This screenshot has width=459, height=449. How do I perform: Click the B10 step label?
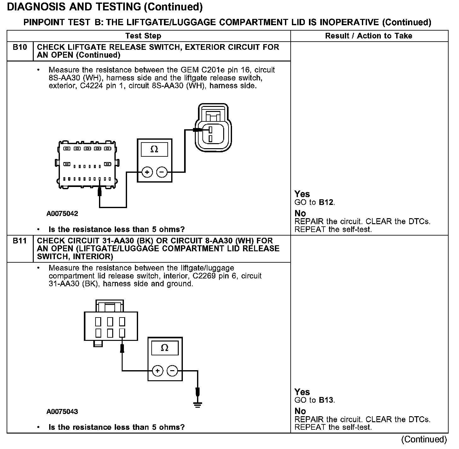click(x=20, y=48)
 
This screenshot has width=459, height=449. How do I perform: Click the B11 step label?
click(x=20, y=241)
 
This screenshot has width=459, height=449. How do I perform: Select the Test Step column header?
click(x=143, y=36)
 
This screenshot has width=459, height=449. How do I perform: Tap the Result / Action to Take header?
click(x=369, y=36)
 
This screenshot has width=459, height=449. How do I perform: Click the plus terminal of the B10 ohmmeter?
click(x=147, y=172)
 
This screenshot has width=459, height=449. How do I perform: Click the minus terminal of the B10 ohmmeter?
click(x=162, y=172)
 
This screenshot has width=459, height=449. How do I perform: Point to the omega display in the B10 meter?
click(x=154, y=149)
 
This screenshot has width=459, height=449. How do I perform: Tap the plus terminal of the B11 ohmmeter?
click(x=157, y=371)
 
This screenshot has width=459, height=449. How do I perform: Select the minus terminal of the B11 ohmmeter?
click(x=172, y=371)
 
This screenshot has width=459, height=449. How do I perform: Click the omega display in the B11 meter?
click(x=165, y=348)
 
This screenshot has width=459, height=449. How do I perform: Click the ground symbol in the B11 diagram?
click(x=198, y=405)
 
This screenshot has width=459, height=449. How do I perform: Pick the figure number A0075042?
click(x=62, y=214)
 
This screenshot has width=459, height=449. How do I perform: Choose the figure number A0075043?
click(x=62, y=412)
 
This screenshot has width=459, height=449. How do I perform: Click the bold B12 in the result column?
click(x=326, y=202)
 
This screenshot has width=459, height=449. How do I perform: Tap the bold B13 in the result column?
click(x=326, y=400)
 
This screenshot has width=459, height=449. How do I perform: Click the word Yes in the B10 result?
click(x=302, y=194)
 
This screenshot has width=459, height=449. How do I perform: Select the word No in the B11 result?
click(x=300, y=411)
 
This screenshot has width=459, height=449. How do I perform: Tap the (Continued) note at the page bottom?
click(x=424, y=440)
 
